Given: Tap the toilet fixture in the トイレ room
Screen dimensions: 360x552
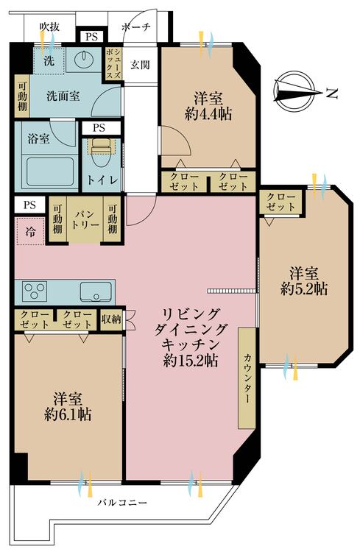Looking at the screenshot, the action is click(x=103, y=155).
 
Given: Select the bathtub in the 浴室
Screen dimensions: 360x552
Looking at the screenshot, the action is click(x=50, y=171).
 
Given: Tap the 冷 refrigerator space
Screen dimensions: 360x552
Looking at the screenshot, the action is click(x=30, y=231).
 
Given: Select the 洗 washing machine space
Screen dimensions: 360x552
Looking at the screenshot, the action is click(x=49, y=60).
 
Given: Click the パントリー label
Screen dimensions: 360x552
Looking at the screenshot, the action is click(x=85, y=219).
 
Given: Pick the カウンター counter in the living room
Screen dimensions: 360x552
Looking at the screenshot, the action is click(x=247, y=378).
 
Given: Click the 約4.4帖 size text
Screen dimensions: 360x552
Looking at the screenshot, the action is click(x=208, y=113).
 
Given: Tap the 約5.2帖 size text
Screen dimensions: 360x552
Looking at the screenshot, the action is click(x=303, y=289).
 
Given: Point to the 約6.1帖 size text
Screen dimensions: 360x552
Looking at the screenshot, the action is click(x=68, y=414).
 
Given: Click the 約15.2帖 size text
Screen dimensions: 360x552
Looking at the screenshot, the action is click(x=190, y=360).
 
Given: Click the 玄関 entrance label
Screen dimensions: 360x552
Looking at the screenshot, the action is click(x=140, y=65).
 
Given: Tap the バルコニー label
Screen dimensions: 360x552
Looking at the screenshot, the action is click(x=122, y=503).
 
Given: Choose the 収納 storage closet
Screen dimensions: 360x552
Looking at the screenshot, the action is click(x=111, y=319).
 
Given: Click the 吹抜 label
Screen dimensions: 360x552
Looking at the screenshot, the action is click(x=49, y=26).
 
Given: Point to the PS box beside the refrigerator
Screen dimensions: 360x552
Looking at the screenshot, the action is click(x=29, y=205).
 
